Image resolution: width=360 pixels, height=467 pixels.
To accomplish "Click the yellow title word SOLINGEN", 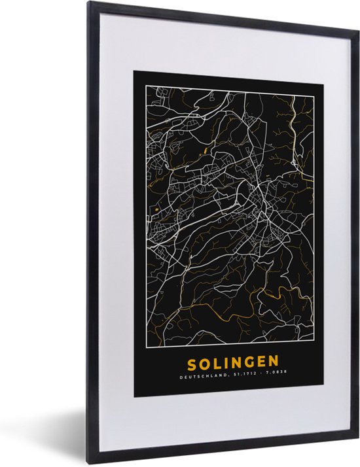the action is (232, 362).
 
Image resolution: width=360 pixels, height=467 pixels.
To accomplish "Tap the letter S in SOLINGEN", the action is (192, 362).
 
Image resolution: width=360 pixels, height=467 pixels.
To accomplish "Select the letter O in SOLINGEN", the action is (204, 362).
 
